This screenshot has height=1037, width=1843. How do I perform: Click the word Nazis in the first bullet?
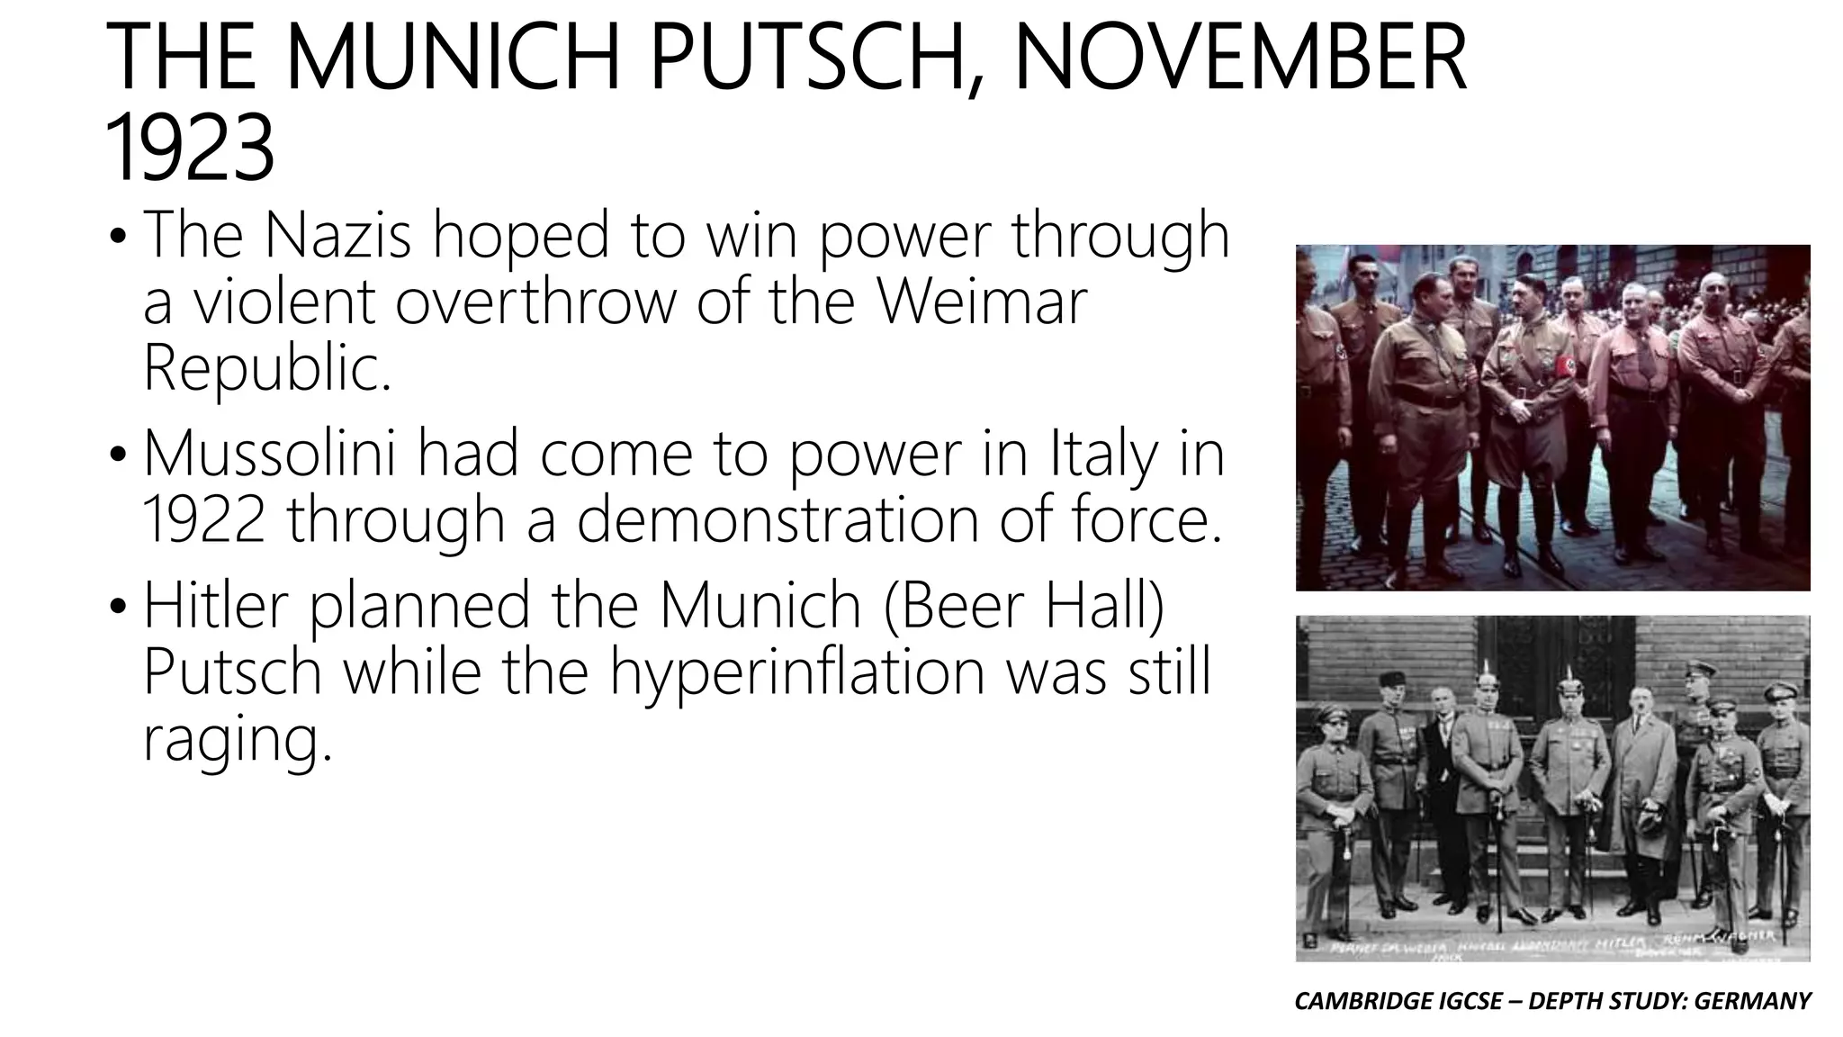click(337, 234)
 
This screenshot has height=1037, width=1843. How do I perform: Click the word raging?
click(237, 740)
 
